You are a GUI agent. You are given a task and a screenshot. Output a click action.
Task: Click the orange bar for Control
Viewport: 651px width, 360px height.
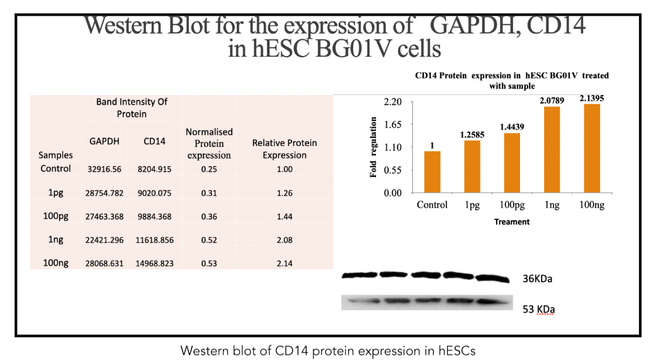[x=432, y=172]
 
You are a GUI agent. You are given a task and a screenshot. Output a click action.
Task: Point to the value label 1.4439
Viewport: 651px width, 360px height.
[x=512, y=127]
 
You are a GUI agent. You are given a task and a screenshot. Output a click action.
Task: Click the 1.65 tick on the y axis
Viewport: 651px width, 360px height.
[x=393, y=125]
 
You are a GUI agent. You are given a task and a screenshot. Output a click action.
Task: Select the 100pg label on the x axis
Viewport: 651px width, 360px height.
[x=511, y=205]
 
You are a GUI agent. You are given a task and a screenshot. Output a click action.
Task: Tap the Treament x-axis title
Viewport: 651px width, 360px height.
[x=512, y=222]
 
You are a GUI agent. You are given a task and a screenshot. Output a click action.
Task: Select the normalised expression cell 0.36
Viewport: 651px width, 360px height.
[x=209, y=216]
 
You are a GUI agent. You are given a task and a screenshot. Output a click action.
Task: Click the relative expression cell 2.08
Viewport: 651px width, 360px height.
[x=285, y=240]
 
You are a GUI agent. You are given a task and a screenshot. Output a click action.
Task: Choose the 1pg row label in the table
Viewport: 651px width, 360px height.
[x=55, y=193]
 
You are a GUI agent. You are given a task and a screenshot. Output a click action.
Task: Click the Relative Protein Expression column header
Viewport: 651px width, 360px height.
[x=285, y=149]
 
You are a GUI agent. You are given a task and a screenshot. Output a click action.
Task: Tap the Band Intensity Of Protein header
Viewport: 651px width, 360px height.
[x=132, y=108]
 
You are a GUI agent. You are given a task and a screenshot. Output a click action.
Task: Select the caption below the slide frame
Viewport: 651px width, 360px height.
[x=327, y=351]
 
